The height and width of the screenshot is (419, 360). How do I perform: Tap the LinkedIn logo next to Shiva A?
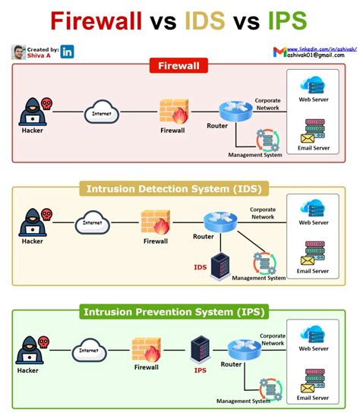[x=68, y=52]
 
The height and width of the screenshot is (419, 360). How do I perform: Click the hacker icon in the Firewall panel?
[x=32, y=111]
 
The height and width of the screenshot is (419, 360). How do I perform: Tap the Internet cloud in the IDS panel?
[x=92, y=223]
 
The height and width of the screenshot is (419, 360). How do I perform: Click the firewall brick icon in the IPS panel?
[x=146, y=350]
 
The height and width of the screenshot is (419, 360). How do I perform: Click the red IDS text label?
[x=201, y=267]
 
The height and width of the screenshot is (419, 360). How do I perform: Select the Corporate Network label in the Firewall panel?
[x=267, y=104]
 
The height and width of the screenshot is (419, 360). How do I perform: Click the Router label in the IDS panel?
[x=204, y=237]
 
